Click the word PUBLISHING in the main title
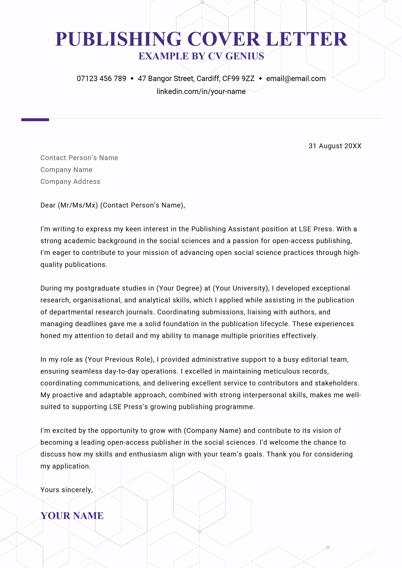[x=118, y=39]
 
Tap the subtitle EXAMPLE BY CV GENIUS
[x=201, y=56]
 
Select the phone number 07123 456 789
[x=101, y=79]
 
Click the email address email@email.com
[x=296, y=79]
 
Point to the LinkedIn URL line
[x=201, y=91]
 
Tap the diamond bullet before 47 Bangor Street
[x=132, y=79]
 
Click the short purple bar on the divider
[x=35, y=120]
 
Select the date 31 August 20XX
[x=335, y=146]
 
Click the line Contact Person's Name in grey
[x=79, y=158]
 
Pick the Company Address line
[x=70, y=181]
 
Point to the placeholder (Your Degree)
[x=179, y=288]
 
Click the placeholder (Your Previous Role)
[x=119, y=359]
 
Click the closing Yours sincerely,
[x=67, y=490]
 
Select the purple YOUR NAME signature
[x=72, y=516]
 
